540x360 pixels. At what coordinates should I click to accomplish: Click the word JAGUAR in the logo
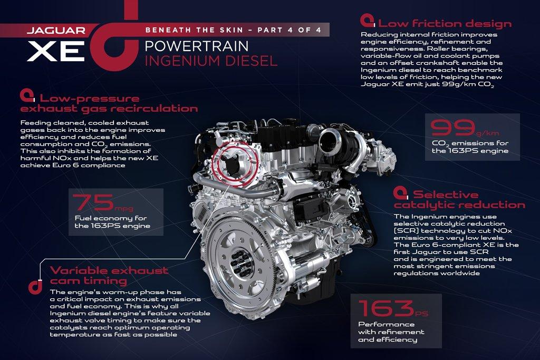(56, 30)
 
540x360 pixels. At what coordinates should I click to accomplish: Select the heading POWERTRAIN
(197, 46)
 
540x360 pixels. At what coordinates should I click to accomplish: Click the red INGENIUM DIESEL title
(211, 61)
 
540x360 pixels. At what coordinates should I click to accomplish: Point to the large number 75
(93, 202)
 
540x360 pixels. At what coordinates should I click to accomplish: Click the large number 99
(453, 128)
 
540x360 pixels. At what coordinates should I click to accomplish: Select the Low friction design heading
(445, 23)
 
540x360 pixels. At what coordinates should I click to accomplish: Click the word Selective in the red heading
(446, 194)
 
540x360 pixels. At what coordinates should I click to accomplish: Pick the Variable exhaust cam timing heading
(109, 275)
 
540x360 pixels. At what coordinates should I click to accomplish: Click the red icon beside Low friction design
(368, 21)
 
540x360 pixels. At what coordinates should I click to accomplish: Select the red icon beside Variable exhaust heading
(35, 287)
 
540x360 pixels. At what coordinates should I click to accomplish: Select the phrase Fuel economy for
(111, 218)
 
